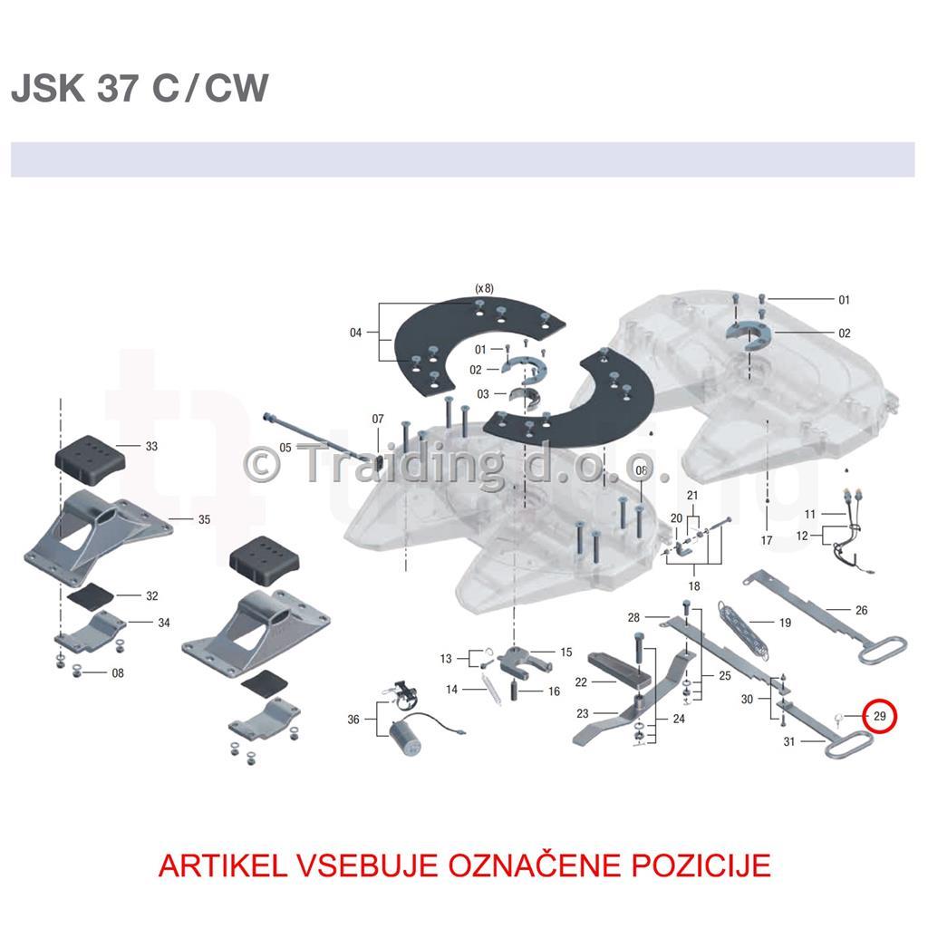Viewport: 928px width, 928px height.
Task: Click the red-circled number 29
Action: click(x=879, y=716)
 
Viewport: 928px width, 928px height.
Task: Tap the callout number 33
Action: click(x=151, y=446)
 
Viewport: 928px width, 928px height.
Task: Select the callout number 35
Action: click(x=204, y=519)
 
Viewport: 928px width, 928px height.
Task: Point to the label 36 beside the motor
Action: click(x=353, y=719)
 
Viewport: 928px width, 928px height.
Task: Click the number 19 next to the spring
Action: click(x=785, y=623)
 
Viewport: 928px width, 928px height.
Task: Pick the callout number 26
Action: click(x=861, y=610)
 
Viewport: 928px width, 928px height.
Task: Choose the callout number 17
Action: click(x=767, y=540)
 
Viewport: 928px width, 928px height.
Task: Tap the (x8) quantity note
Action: click(x=484, y=288)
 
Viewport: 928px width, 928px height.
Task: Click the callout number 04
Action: click(x=355, y=333)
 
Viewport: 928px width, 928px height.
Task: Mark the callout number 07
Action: click(x=378, y=419)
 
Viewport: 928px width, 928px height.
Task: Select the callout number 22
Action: click(x=581, y=682)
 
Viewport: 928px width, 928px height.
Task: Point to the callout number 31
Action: click(x=789, y=741)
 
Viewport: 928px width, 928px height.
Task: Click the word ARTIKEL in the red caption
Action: click(x=223, y=865)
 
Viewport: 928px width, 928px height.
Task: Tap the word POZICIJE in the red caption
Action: click(x=701, y=865)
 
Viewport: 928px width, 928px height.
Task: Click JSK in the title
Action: click(x=48, y=88)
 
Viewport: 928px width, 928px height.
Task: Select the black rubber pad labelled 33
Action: click(x=91, y=455)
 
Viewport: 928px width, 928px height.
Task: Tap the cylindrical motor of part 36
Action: click(x=405, y=737)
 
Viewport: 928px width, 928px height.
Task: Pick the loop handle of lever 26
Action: click(x=882, y=648)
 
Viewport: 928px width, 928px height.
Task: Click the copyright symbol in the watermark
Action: click(x=262, y=465)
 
